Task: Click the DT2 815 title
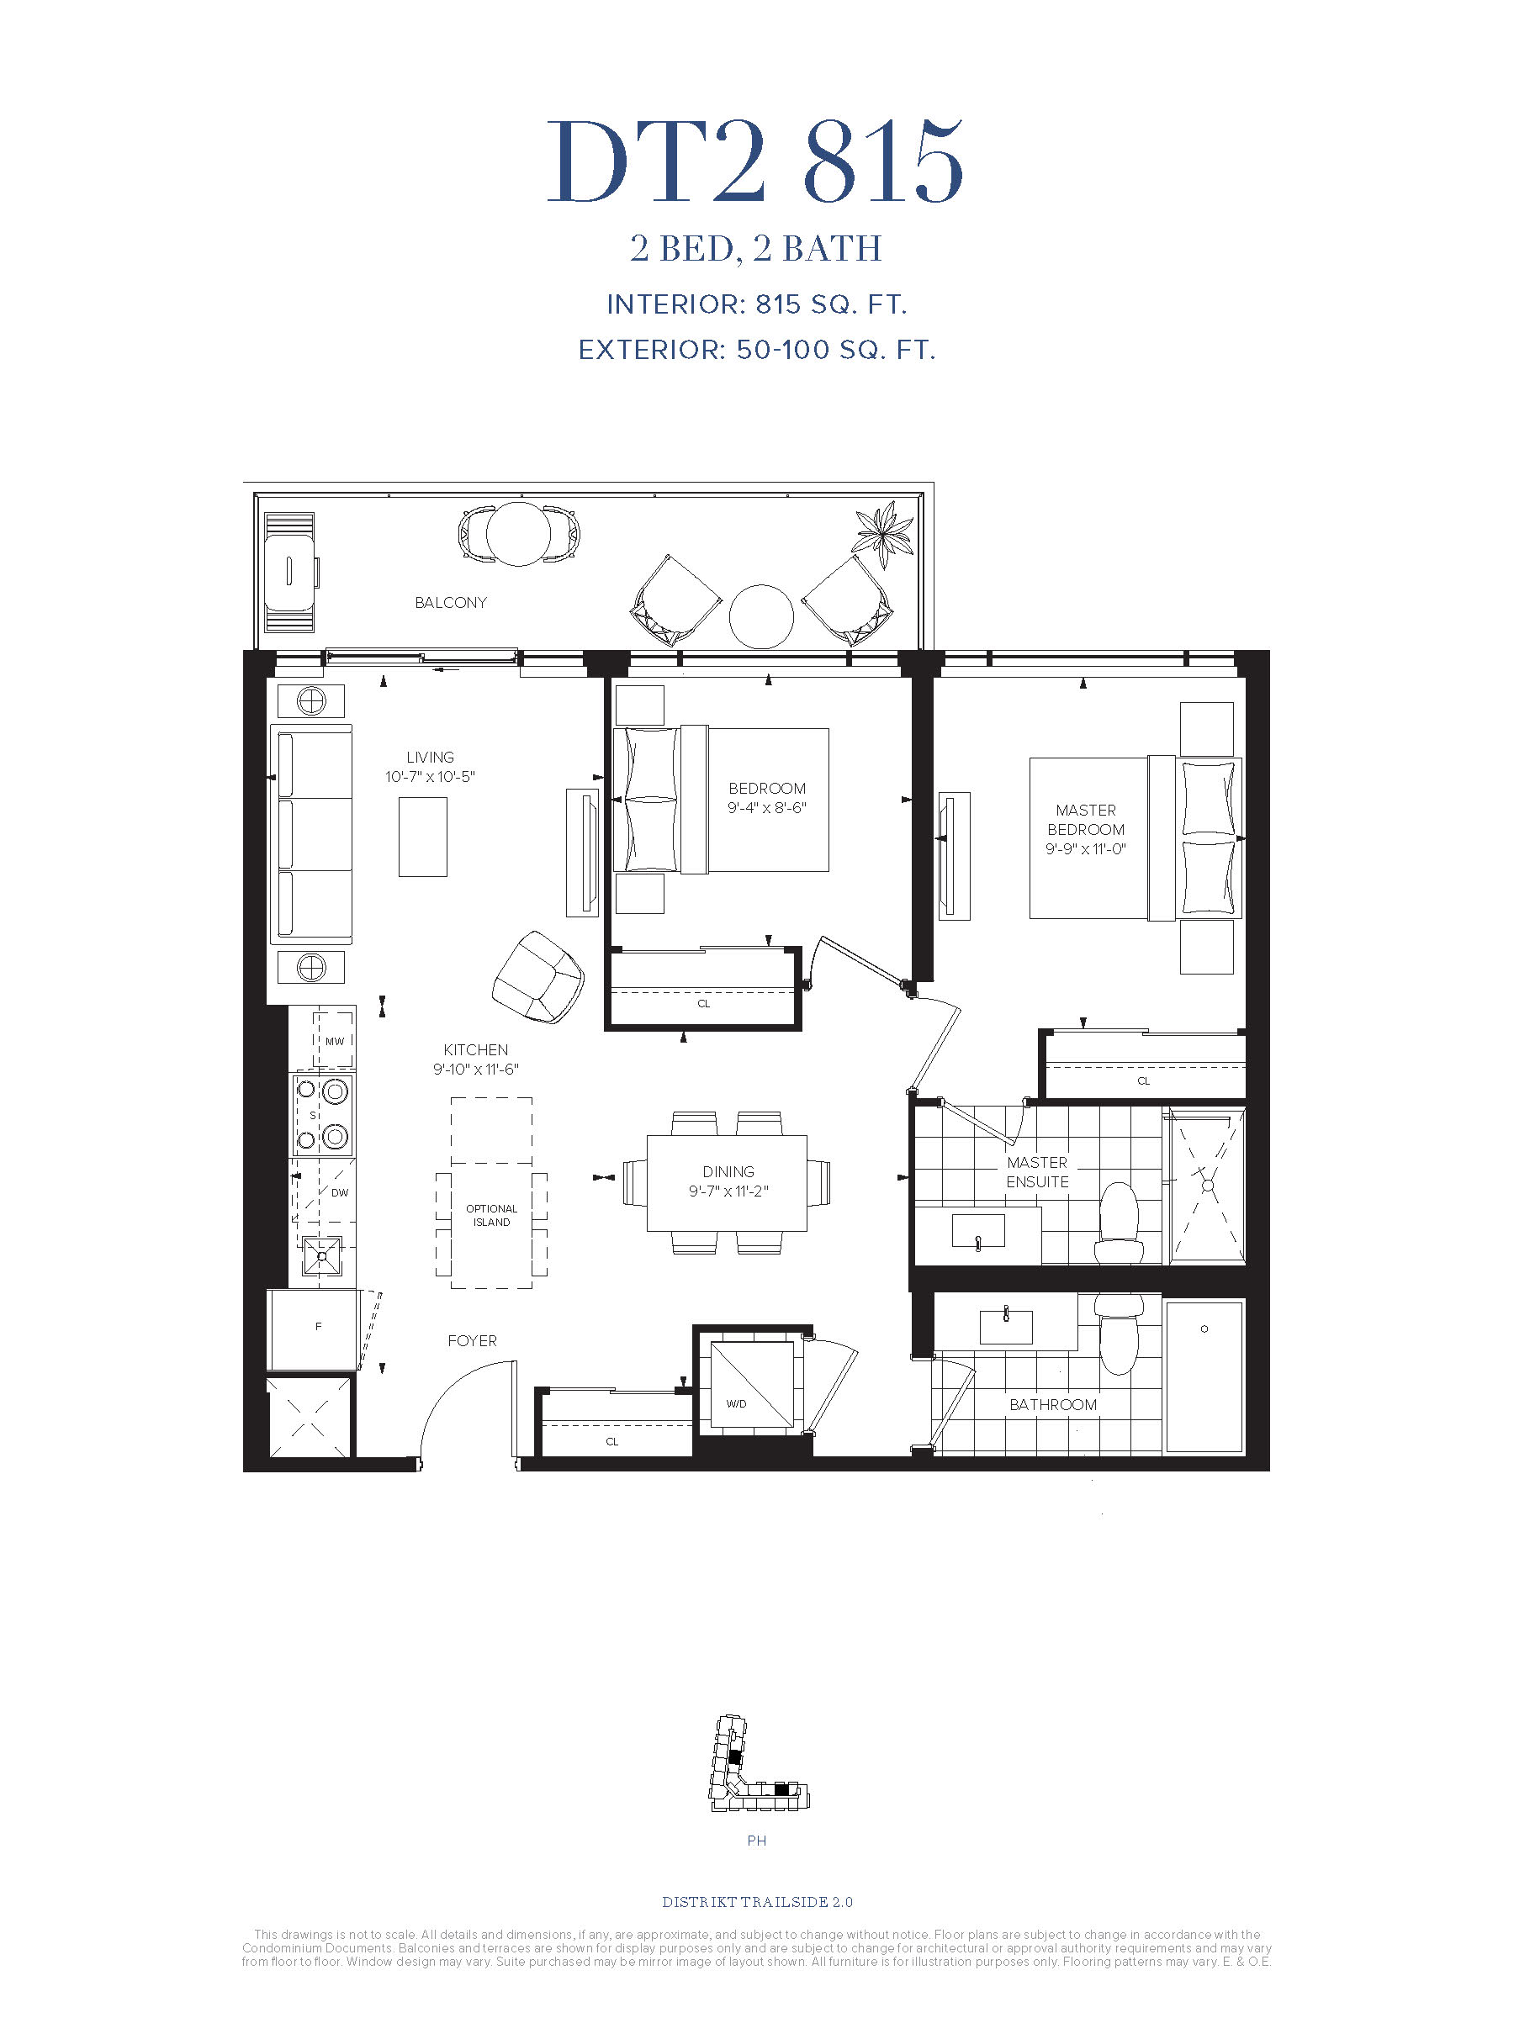[x=754, y=162]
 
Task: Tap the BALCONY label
[x=451, y=602]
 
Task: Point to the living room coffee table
[x=422, y=837]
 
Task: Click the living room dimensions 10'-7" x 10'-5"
[x=430, y=777]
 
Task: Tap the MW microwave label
[x=334, y=1041]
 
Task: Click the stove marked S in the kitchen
[x=322, y=1114]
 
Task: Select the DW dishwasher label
[x=340, y=1192]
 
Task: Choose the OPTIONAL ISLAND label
[x=491, y=1215]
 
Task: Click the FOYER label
[x=472, y=1340]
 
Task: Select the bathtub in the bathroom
[x=1204, y=1376]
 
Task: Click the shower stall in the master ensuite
[x=1206, y=1186]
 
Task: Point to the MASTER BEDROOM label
[x=1086, y=819]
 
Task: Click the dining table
[x=728, y=1183]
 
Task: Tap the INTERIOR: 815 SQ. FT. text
[x=756, y=304]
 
